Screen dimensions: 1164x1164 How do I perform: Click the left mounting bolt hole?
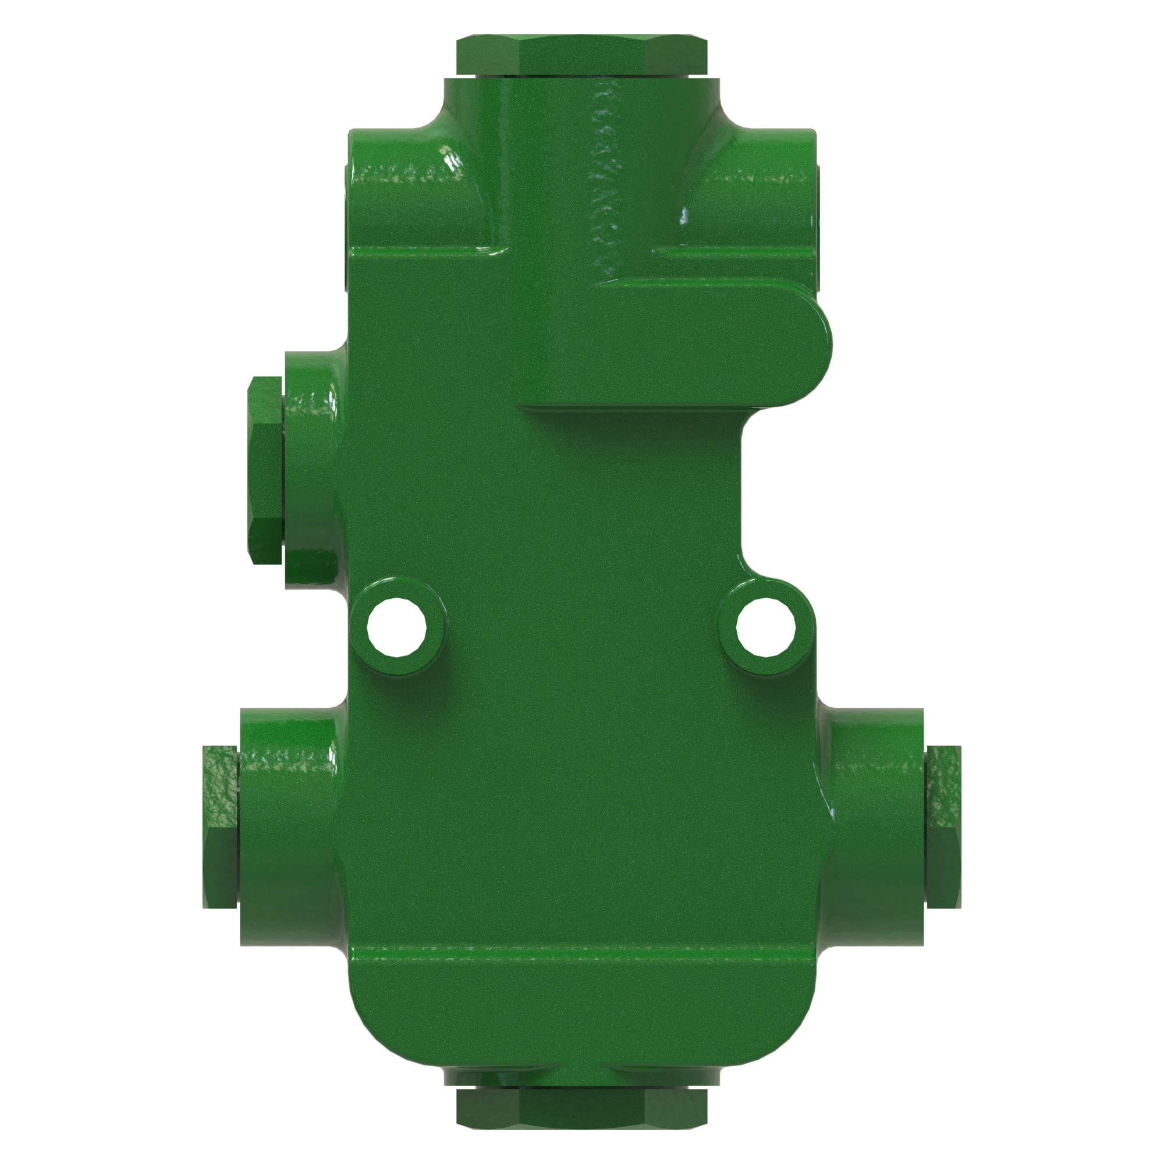397,627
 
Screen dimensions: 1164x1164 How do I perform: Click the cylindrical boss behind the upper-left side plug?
310,470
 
